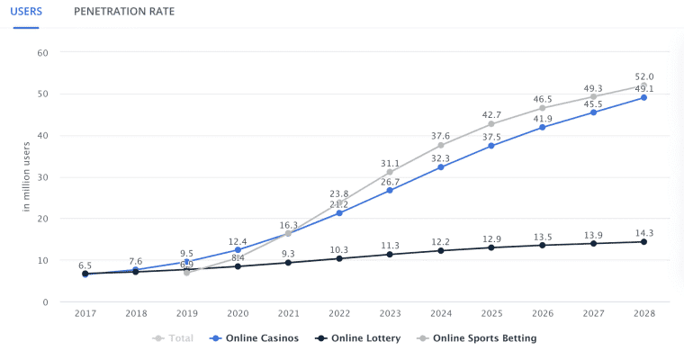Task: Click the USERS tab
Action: pyautogui.click(x=30, y=12)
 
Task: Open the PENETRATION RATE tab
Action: pyautogui.click(x=124, y=12)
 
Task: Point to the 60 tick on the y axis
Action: pyautogui.click(x=41, y=52)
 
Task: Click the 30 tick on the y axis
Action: pyautogui.click(x=41, y=177)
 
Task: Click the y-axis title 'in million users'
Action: pyautogui.click(x=28, y=177)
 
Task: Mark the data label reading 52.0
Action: pyautogui.click(x=643, y=76)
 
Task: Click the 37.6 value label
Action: pyautogui.click(x=440, y=137)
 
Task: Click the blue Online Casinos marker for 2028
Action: pyautogui.click(x=643, y=97)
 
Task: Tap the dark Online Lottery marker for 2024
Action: pyautogui.click(x=440, y=250)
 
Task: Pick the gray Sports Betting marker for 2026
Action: pyautogui.click(x=542, y=108)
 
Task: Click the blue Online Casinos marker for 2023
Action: pyautogui.click(x=390, y=191)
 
